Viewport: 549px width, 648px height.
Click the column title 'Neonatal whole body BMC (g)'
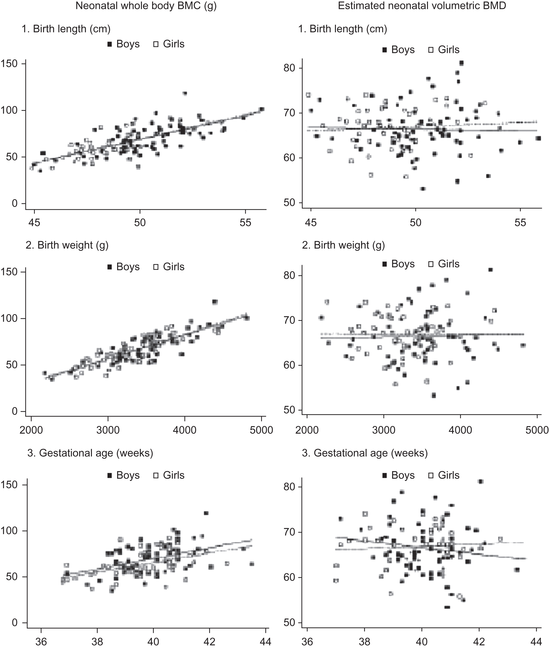pyautogui.click(x=146, y=6)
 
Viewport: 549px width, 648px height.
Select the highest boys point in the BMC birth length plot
pyautogui.click(x=185, y=93)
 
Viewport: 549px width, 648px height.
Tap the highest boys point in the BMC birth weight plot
pyautogui.click(x=215, y=302)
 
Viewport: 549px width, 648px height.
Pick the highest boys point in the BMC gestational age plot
pyautogui.click(x=206, y=513)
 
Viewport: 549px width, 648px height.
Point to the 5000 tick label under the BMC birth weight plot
pyautogui.click(x=262, y=430)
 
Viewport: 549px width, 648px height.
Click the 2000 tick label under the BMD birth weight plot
pyautogui.click(x=307, y=430)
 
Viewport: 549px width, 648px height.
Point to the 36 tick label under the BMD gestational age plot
pyautogui.click(x=307, y=641)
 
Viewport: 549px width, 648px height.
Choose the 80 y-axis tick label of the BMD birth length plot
pyautogui.click(x=289, y=68)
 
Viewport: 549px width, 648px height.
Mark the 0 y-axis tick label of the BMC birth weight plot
pyautogui.click(x=15, y=411)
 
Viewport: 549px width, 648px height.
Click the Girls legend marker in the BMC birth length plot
pyautogui.click(x=156, y=44)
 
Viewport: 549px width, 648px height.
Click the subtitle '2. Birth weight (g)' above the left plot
pyautogui.click(x=67, y=245)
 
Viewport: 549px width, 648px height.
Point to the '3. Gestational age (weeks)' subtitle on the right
pyautogui.click(x=365, y=453)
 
